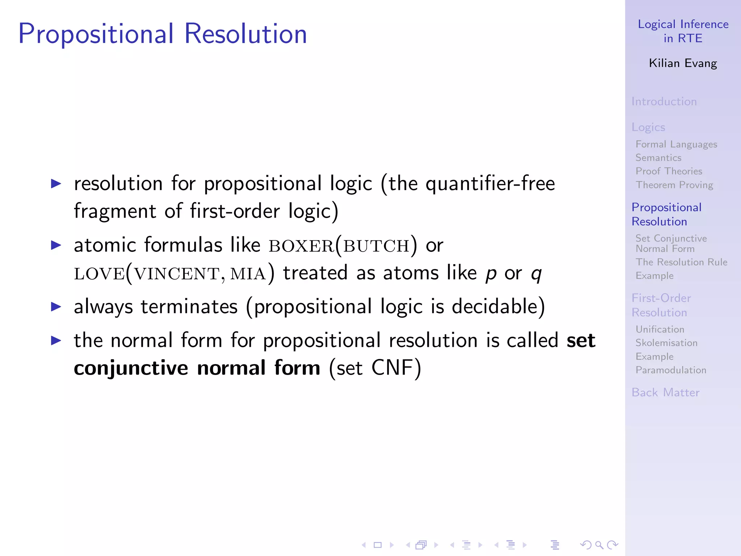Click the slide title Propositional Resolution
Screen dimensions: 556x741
[x=162, y=34]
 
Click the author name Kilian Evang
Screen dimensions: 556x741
[x=683, y=63]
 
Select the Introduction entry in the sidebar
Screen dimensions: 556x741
[x=664, y=101]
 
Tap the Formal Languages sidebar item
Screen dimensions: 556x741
[x=676, y=144]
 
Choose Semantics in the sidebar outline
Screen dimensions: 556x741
[x=659, y=158]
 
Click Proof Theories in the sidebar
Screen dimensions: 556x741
[x=669, y=171]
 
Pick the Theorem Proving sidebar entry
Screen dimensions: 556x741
[x=674, y=185]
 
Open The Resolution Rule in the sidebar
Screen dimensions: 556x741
[x=681, y=262]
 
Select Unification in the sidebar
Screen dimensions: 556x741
[x=660, y=329]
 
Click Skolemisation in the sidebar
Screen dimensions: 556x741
[x=666, y=343]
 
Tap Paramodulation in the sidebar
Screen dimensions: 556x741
[x=671, y=370]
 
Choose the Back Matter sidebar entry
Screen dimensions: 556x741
[x=665, y=392]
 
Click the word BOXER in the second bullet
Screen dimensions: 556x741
[x=301, y=247]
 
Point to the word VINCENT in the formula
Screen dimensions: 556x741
[x=177, y=274]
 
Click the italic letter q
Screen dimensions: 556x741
[x=536, y=274]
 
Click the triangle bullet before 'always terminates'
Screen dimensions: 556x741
[x=56, y=307]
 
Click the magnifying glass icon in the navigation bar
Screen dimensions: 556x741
[x=599, y=545]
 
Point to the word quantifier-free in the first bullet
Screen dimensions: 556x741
[x=490, y=184]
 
